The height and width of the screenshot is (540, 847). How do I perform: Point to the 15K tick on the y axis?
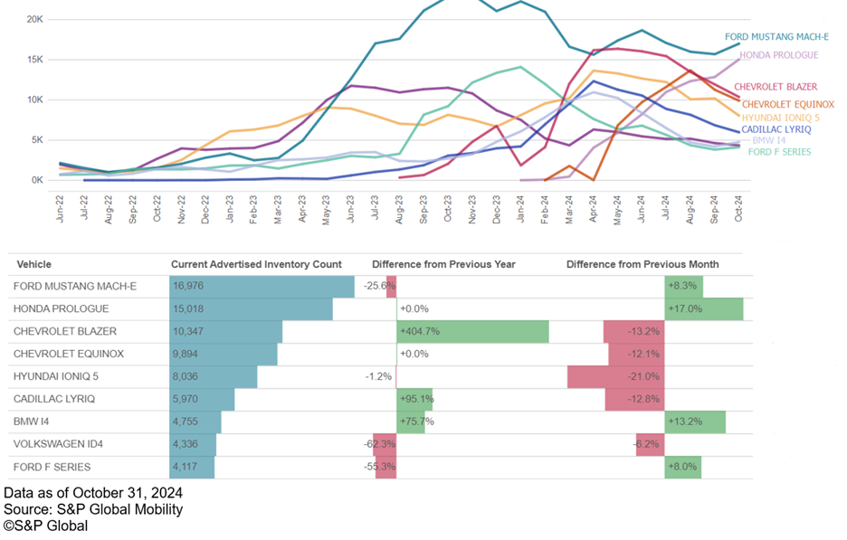[33, 59]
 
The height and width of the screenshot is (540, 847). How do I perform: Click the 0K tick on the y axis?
[36, 179]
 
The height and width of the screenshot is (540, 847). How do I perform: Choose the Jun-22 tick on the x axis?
[60, 208]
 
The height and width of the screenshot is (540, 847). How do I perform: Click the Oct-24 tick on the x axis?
[738, 208]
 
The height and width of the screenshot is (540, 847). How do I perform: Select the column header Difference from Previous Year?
[443, 264]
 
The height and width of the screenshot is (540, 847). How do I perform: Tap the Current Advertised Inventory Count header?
[256, 264]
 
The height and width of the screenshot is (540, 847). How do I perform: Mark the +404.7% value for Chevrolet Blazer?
[420, 332]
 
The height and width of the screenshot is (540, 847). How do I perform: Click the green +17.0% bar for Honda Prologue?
[704, 308]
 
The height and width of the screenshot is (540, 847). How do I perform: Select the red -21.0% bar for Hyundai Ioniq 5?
[615, 376]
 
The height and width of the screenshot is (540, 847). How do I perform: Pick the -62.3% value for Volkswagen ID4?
[381, 444]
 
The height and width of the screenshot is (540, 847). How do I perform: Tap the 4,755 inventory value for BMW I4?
[187, 422]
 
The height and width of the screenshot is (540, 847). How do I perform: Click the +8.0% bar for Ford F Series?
[682, 467]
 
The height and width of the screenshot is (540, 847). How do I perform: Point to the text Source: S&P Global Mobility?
[93, 509]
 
